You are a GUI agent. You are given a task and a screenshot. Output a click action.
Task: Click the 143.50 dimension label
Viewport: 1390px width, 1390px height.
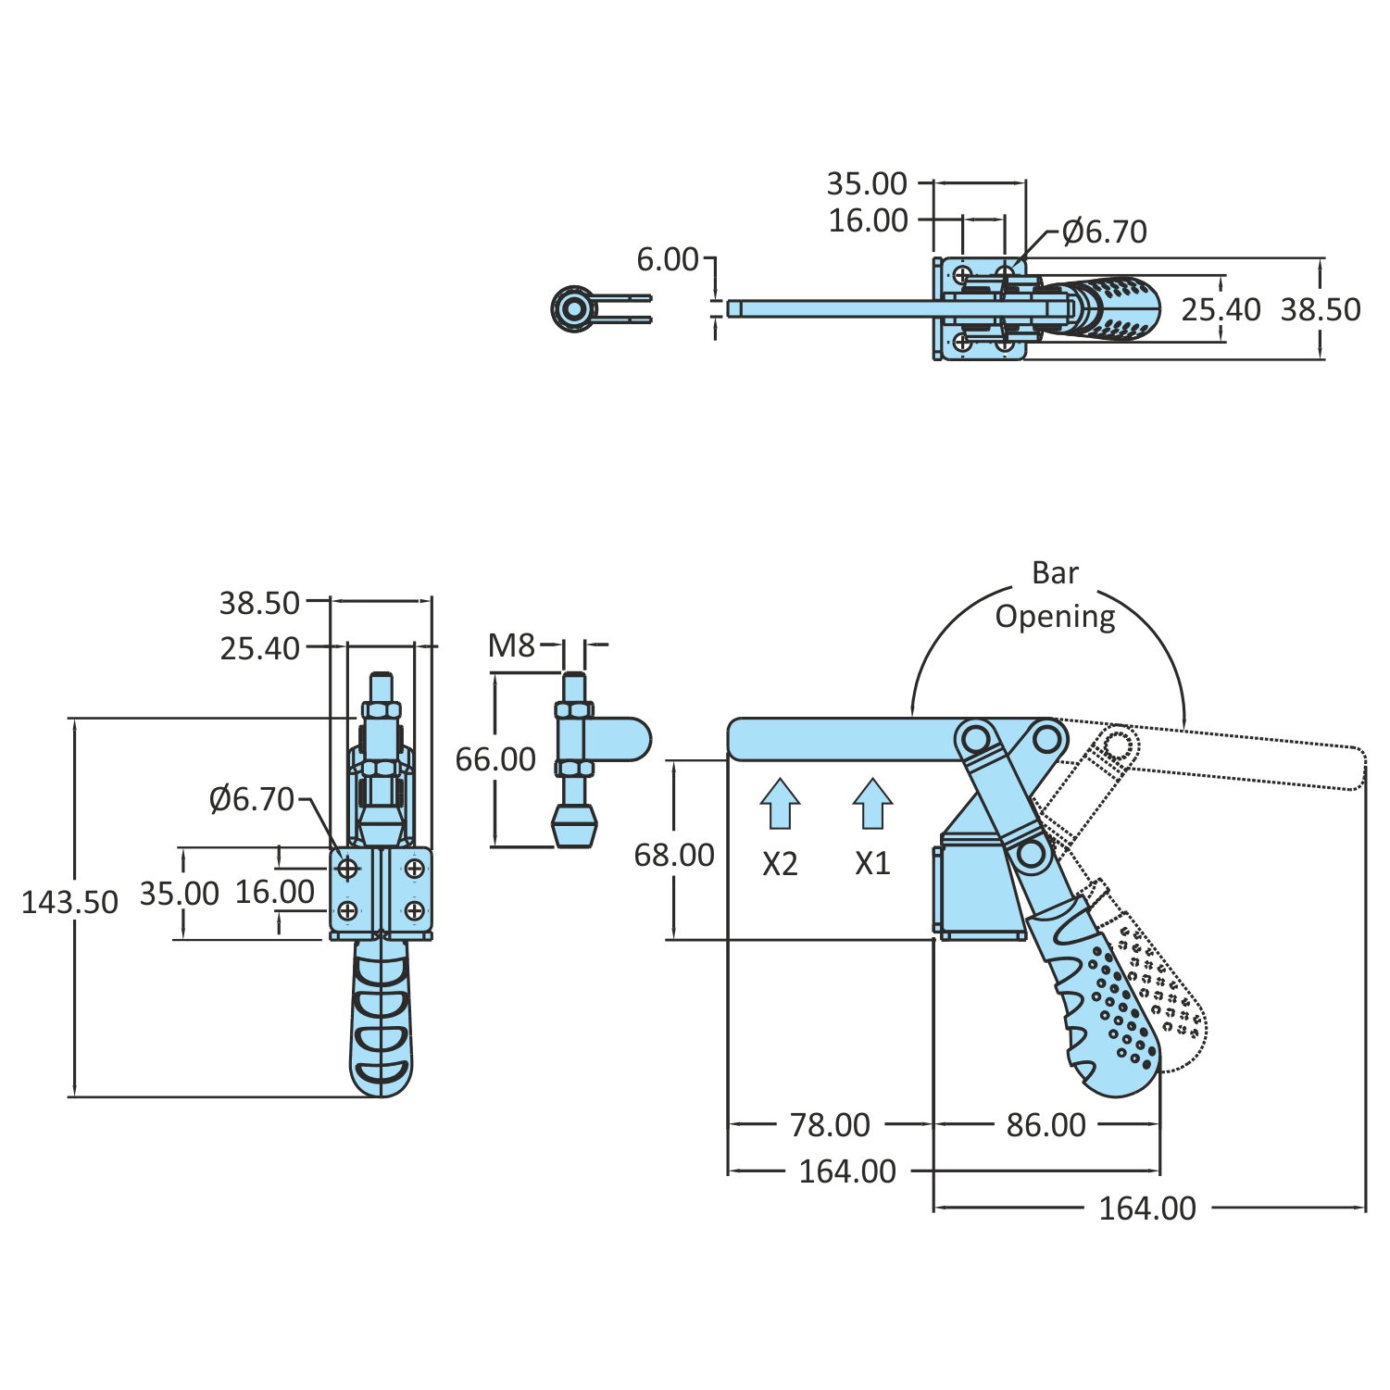coord(69,902)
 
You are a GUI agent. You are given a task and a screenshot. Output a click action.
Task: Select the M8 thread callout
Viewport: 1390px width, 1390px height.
coord(511,645)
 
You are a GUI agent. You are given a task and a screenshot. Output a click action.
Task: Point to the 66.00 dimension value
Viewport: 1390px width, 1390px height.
coord(495,759)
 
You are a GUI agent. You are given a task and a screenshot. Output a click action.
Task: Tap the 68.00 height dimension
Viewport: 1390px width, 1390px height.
coord(674,855)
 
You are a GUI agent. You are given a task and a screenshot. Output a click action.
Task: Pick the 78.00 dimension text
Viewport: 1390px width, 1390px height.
coord(830,1125)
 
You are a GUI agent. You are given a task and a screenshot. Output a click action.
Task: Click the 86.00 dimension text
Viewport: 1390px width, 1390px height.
coord(1046,1125)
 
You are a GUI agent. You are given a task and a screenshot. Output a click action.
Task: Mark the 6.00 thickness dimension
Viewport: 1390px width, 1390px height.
coord(667,259)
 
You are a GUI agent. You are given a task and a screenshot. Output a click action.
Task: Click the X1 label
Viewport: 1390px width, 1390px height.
coord(872,864)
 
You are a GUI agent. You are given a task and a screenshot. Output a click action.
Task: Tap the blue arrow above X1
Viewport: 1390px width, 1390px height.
coord(872,802)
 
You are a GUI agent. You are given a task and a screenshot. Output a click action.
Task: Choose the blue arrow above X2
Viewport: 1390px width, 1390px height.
coord(780,802)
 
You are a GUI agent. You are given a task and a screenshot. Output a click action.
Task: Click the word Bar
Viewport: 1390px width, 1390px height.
coord(1055,573)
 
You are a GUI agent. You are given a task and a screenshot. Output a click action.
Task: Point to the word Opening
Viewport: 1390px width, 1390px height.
coord(1055,617)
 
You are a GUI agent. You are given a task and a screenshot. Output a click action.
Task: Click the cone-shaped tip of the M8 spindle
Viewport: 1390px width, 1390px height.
coord(574,824)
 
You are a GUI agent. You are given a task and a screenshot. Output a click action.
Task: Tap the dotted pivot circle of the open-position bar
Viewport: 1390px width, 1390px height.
coord(1119,744)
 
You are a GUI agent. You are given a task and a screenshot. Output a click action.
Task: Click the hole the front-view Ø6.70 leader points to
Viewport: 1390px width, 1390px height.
coord(348,869)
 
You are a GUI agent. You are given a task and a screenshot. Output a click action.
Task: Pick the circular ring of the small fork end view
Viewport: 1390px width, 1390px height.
coord(573,308)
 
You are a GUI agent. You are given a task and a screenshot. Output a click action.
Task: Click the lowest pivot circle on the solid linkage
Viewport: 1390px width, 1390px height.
coord(1031,853)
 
